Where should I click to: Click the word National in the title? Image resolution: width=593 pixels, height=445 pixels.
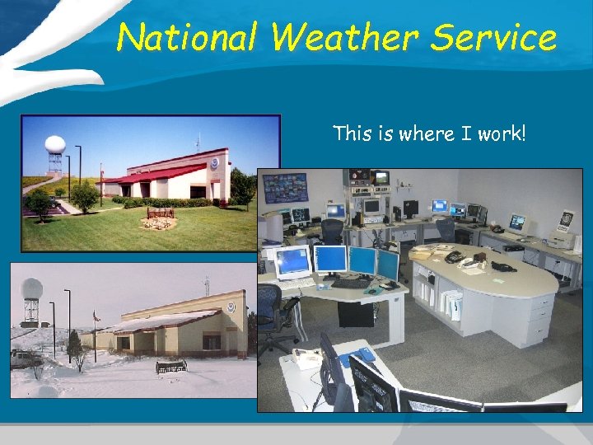[187, 37]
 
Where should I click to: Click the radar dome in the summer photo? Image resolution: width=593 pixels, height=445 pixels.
[55, 144]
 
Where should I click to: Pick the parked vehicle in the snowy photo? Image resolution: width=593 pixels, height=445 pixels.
[26, 358]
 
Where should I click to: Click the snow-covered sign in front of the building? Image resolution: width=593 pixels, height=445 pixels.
[170, 364]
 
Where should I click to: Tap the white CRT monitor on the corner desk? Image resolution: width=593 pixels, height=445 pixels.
[293, 262]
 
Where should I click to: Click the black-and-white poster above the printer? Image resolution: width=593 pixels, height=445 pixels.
[566, 220]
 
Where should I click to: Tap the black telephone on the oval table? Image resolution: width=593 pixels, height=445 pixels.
[454, 256]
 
